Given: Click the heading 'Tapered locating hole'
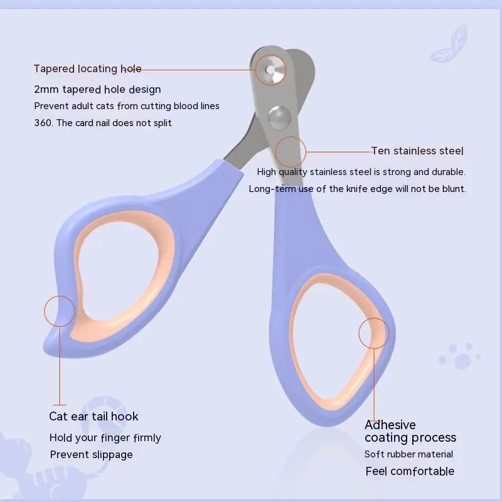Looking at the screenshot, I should [x=87, y=69].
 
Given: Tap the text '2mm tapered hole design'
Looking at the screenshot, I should [x=97, y=90].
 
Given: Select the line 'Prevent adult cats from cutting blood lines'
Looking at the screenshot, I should [x=127, y=106].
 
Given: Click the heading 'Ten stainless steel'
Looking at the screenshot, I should [x=417, y=151].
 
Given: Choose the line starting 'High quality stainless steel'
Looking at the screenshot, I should [x=361, y=171].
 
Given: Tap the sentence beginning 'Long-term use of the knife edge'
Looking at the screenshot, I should [x=357, y=188].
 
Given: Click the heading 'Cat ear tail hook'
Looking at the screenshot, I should [x=93, y=416].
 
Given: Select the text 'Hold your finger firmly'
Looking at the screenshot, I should [x=105, y=437].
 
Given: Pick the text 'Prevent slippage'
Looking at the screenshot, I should [x=92, y=454].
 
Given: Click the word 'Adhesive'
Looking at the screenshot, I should [x=390, y=425].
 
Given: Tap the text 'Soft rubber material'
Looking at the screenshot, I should [x=409, y=454].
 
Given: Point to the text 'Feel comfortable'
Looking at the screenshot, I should [x=410, y=471].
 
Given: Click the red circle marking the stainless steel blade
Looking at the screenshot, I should [x=290, y=151].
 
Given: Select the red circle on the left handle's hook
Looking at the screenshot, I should [x=60, y=311].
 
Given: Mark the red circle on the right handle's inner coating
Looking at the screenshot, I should [x=374, y=333].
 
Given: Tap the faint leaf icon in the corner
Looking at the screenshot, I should [x=450, y=45].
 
